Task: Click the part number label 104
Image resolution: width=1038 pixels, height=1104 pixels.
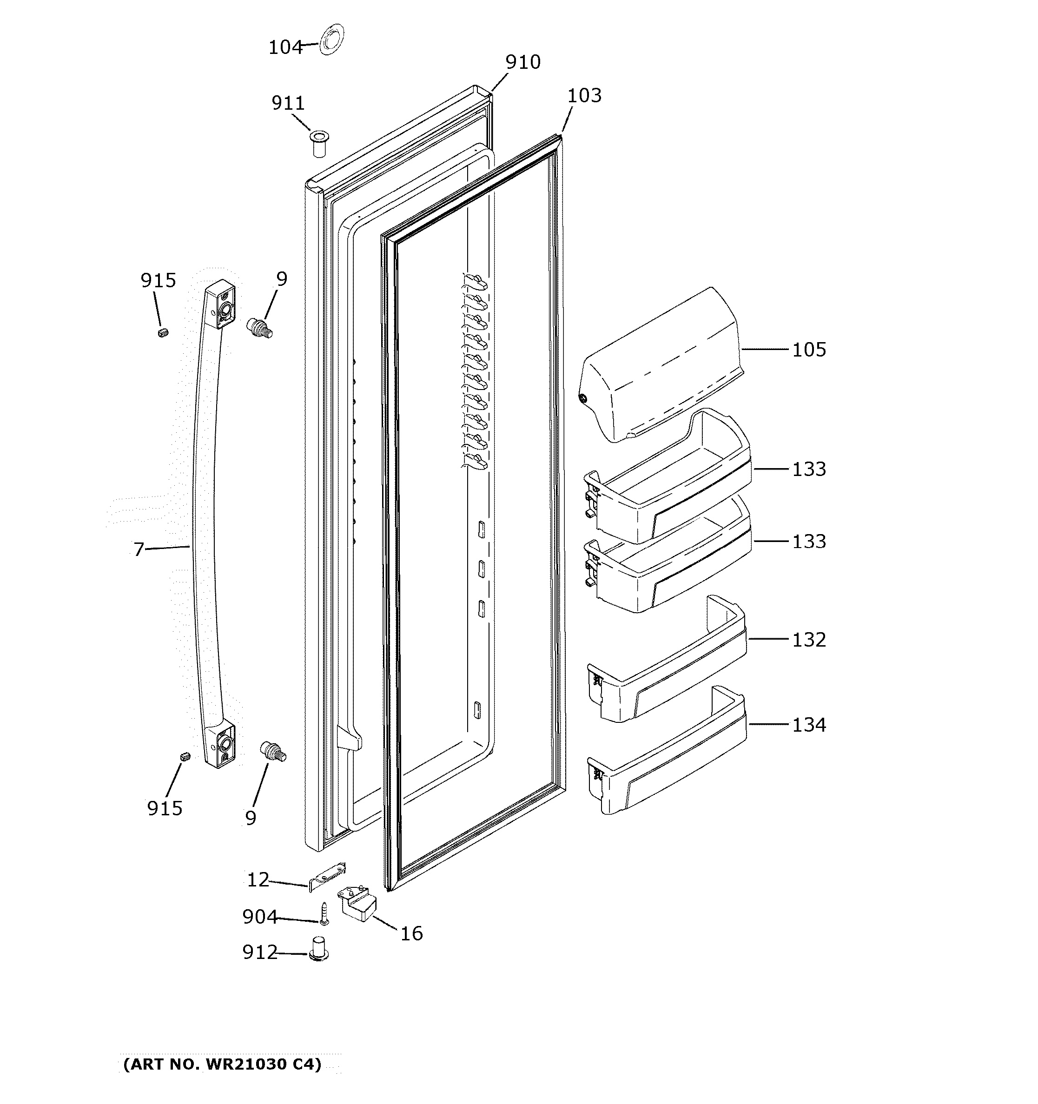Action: pyautogui.click(x=285, y=48)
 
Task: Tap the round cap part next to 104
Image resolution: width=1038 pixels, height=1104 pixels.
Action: pyautogui.click(x=331, y=40)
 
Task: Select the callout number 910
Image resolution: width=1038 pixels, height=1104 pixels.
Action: pyautogui.click(x=522, y=62)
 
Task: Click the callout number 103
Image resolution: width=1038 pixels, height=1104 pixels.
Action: pyautogui.click(x=584, y=96)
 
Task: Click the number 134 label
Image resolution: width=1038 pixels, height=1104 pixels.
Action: pyautogui.click(x=809, y=725)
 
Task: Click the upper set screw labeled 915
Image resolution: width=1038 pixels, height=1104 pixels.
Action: pyautogui.click(x=163, y=332)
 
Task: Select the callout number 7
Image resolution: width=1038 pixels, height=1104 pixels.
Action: pyautogui.click(x=138, y=549)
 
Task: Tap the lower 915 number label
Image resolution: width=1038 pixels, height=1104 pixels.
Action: pyautogui.click(x=165, y=808)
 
